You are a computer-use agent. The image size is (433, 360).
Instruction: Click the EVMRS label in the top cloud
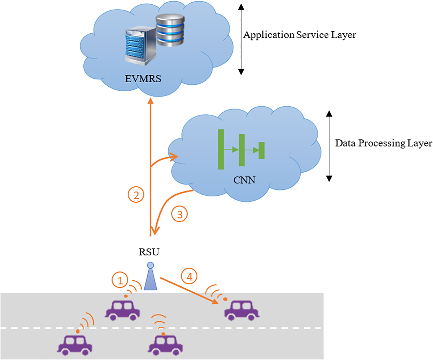point(143,79)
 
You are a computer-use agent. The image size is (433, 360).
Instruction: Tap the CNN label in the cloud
point(244,180)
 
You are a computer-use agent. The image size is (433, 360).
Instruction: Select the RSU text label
point(149,252)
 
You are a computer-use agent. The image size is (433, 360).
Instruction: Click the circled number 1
point(120,280)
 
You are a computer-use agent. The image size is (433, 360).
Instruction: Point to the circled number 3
point(179,214)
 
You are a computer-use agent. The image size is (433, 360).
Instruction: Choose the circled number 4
point(189,277)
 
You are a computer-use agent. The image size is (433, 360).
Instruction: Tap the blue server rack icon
point(140,46)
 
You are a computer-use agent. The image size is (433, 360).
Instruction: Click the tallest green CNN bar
point(221,149)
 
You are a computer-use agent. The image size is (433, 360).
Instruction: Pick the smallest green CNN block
point(262,150)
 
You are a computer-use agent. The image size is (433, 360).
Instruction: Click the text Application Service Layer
point(299,35)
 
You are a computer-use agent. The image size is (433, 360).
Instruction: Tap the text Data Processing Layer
point(383,143)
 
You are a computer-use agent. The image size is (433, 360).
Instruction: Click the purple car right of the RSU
point(242,311)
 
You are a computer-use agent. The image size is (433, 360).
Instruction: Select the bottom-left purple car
point(75,345)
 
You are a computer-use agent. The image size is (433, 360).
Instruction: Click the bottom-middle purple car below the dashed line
point(165,345)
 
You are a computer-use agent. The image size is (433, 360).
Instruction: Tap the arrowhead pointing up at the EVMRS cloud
point(150,101)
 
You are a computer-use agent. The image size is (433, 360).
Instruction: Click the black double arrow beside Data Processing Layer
point(329,146)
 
